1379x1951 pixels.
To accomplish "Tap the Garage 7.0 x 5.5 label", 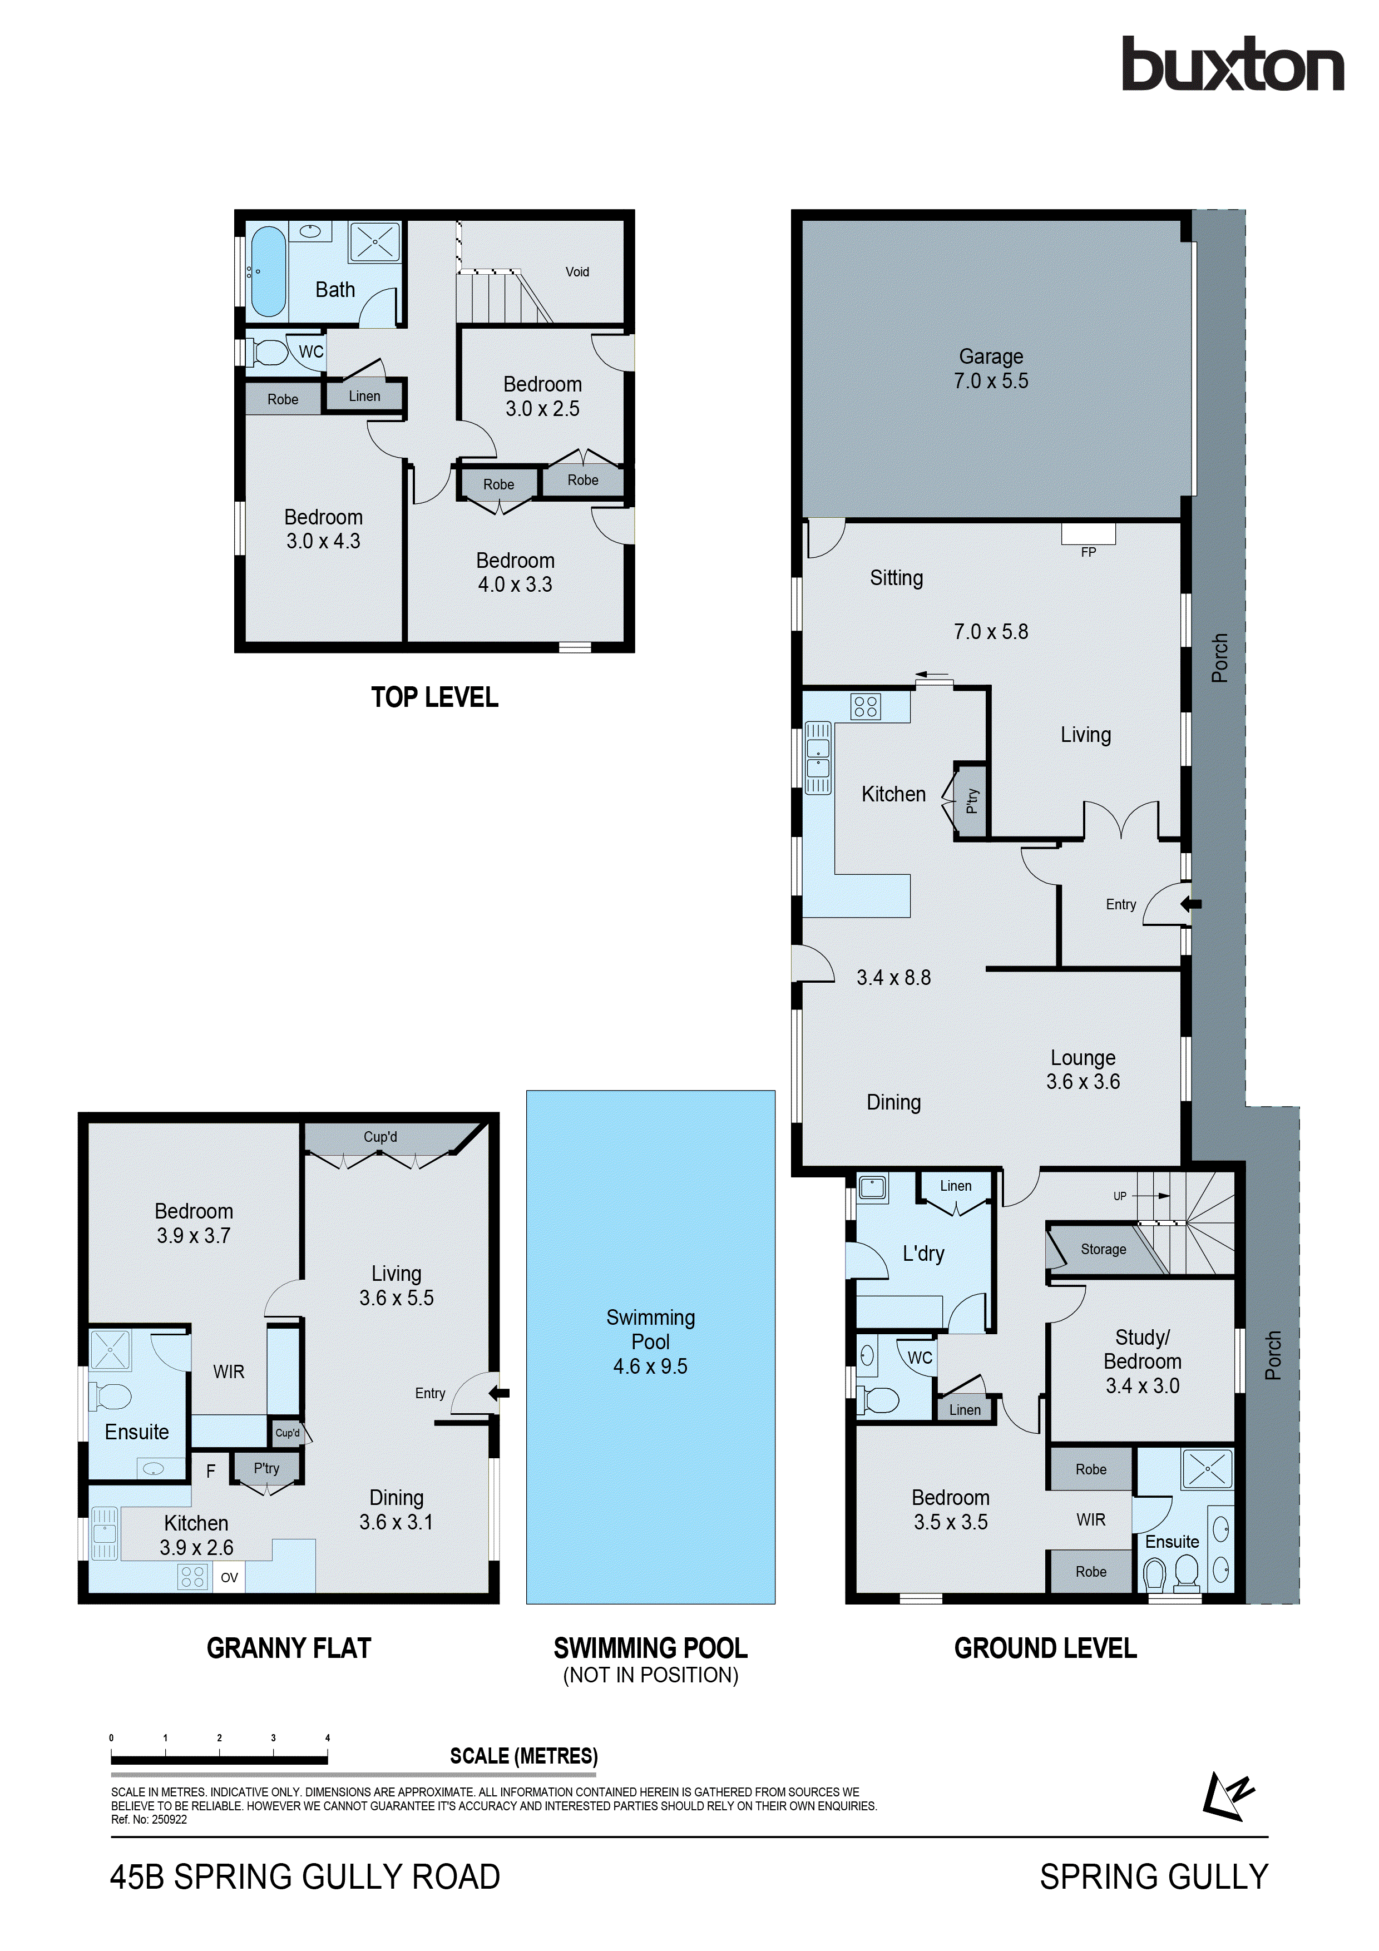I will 991,369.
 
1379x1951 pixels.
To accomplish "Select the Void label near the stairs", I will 577,272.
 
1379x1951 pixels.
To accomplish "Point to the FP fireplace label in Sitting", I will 1089,552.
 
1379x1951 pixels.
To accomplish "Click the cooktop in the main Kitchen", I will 866,706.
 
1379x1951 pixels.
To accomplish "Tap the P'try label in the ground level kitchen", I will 972,800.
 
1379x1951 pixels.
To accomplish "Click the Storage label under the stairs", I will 1103,1249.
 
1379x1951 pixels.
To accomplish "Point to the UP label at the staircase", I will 1120,1196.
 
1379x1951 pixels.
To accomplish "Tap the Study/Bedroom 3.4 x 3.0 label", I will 1142,1361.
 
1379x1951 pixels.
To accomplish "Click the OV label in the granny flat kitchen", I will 229,1578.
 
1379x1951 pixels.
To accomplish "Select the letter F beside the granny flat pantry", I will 211,1472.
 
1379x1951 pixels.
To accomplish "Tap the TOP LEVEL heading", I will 434,697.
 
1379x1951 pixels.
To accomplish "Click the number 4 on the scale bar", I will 327,1738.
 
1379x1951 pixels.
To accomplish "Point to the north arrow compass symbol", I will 1227,1795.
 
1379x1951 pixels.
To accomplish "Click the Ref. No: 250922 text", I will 149,1819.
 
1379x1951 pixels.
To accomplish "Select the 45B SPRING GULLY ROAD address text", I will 305,1877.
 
